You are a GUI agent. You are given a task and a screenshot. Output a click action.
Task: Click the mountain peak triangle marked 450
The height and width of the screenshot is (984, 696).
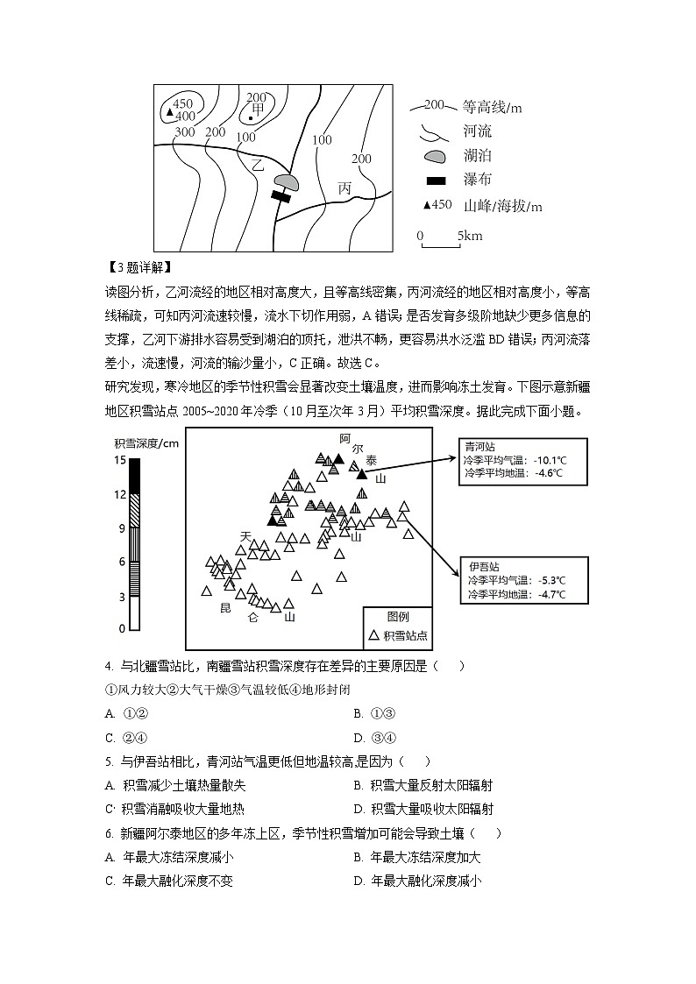click(169, 111)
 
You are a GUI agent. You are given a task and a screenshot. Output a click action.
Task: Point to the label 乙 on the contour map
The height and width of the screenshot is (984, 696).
click(257, 165)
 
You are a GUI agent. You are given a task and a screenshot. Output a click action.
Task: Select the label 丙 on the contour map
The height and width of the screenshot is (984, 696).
click(344, 188)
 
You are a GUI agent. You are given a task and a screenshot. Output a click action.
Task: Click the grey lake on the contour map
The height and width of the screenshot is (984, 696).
click(286, 181)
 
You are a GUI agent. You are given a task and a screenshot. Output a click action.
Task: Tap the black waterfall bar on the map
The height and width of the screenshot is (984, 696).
click(281, 196)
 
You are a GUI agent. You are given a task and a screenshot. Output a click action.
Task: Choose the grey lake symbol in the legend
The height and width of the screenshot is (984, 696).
click(435, 157)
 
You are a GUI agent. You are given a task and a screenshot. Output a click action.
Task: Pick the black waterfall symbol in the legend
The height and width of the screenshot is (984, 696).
click(435, 181)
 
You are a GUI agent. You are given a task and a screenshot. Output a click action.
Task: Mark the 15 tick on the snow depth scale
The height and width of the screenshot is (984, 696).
click(122, 460)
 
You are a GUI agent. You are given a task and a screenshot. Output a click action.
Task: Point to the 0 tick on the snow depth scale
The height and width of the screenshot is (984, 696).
click(122, 629)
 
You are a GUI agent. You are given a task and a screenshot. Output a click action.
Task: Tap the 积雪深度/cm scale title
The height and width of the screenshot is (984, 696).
click(146, 442)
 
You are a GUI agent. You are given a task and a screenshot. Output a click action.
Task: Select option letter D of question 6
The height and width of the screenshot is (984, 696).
click(359, 881)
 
